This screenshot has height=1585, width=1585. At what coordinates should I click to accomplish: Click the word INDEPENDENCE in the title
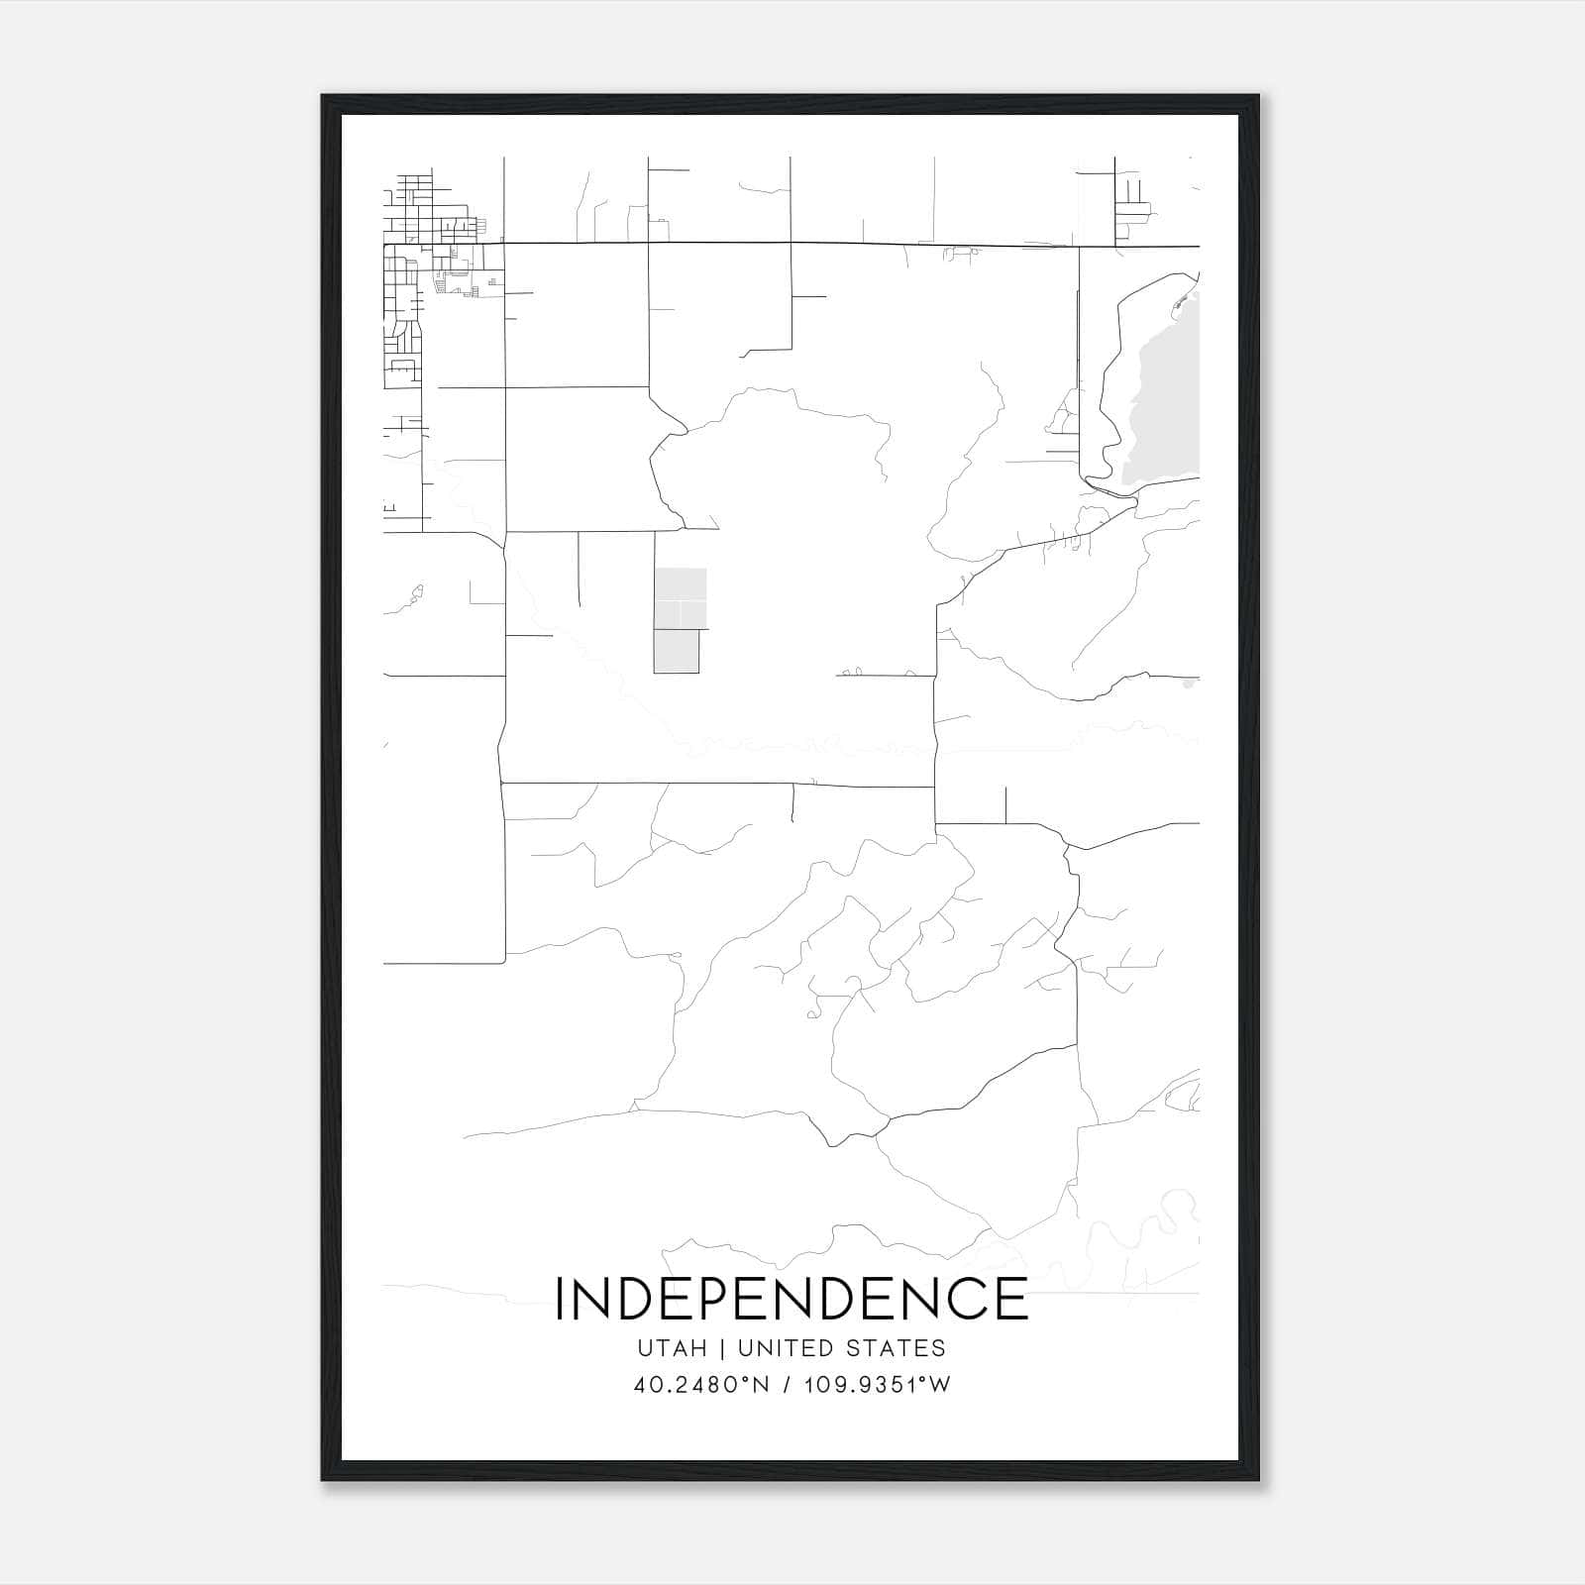click(x=792, y=1299)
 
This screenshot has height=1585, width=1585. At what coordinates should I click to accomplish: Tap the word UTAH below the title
click(x=672, y=1348)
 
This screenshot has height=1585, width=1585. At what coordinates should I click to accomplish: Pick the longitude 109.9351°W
click(x=877, y=1385)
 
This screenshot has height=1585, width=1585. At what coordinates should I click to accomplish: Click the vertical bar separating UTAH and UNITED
click(x=723, y=1348)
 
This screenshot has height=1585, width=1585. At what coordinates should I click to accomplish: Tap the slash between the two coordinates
click(x=788, y=1385)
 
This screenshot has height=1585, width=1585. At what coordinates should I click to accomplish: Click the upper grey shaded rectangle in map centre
click(x=681, y=598)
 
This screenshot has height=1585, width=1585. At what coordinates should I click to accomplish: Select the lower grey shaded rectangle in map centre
click(x=677, y=651)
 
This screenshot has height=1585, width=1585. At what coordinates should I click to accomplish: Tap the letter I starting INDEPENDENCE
click(x=561, y=1299)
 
